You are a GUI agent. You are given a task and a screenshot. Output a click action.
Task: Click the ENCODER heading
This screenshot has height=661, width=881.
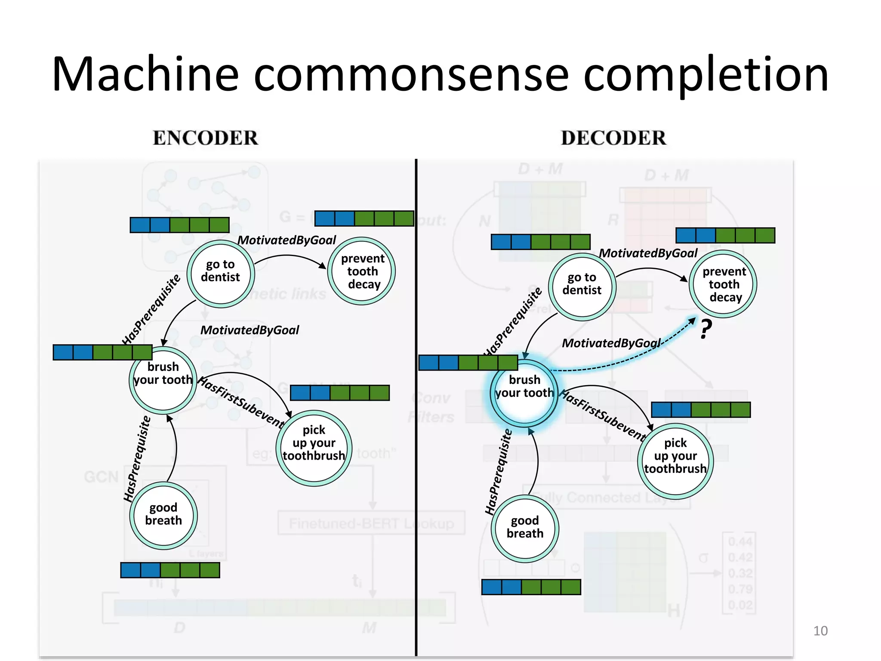(205, 138)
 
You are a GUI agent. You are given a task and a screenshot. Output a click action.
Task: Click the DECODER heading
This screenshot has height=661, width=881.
(613, 138)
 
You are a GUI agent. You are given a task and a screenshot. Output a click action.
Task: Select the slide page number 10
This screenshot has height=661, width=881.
(820, 631)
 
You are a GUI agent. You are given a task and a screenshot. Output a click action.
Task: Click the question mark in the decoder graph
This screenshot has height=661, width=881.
(705, 329)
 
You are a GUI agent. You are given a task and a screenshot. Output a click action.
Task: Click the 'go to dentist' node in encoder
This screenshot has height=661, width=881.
(220, 273)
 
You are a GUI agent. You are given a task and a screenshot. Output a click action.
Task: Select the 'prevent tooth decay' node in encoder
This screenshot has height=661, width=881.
(362, 271)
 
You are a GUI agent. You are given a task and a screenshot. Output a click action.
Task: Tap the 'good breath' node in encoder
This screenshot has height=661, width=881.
(163, 515)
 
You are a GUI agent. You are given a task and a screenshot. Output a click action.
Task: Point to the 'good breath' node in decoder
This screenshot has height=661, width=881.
(525, 528)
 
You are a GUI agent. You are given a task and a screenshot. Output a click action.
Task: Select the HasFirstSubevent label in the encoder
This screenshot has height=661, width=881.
(241, 402)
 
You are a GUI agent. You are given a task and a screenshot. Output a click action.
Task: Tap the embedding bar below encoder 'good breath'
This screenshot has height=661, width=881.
(170, 570)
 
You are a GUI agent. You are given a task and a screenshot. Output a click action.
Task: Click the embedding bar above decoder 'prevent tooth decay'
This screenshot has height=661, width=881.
(725, 235)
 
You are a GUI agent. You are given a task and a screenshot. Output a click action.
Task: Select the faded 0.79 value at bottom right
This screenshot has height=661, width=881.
(740, 589)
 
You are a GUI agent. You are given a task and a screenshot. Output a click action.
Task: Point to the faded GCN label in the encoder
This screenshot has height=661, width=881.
(101, 477)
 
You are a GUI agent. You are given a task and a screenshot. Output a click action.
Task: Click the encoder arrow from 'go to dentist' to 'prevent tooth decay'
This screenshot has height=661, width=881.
(288, 256)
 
